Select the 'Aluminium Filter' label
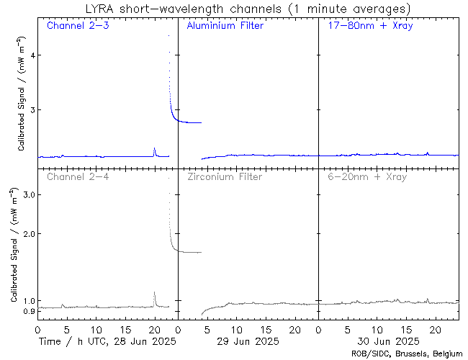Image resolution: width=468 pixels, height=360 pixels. point(225,26)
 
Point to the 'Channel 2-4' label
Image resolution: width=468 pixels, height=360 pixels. point(77,176)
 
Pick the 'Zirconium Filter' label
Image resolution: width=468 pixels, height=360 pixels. point(224,176)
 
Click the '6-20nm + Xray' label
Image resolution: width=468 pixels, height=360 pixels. point(365,176)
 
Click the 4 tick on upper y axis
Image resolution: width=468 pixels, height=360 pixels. point(30,55)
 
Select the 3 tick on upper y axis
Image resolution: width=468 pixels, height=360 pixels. point(30,109)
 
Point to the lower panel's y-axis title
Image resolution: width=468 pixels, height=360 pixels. point(14,246)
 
